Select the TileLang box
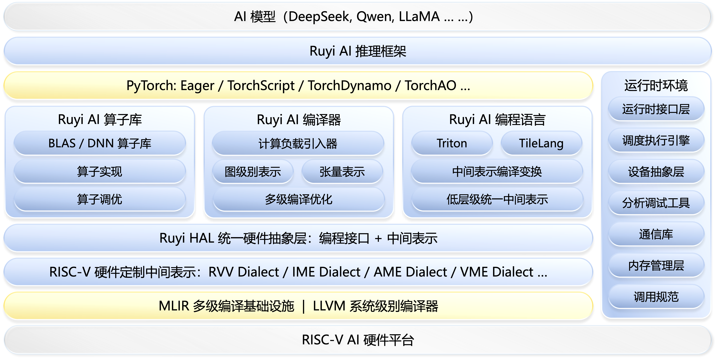point(541,143)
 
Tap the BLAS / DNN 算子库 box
point(100,143)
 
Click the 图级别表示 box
point(253,172)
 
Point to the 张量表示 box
point(342,172)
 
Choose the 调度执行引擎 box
point(656,140)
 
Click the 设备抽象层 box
point(656,172)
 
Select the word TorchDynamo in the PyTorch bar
point(350,85)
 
